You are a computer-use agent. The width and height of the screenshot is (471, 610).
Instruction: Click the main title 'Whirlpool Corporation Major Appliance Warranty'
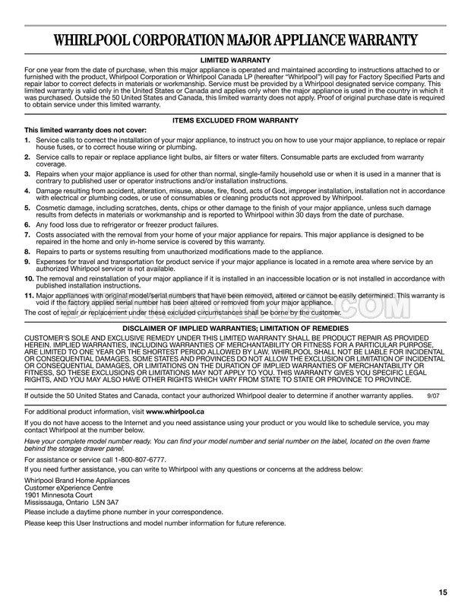point(235,40)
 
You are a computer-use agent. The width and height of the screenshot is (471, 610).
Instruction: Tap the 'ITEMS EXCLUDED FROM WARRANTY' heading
point(235,121)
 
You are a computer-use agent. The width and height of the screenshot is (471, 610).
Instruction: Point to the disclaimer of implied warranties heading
point(235,327)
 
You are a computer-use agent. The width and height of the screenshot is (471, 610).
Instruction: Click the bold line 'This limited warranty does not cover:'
point(84,130)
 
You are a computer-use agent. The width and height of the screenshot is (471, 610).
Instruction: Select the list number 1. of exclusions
point(27,140)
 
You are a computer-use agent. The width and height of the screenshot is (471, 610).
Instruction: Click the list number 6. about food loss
point(27,224)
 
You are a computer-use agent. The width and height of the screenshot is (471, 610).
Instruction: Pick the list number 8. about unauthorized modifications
point(27,250)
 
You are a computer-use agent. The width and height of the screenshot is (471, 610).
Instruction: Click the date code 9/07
point(434,396)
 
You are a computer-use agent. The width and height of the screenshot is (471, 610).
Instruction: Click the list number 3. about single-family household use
point(27,174)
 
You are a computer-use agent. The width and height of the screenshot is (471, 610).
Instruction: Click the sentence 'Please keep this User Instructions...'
point(155,523)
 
